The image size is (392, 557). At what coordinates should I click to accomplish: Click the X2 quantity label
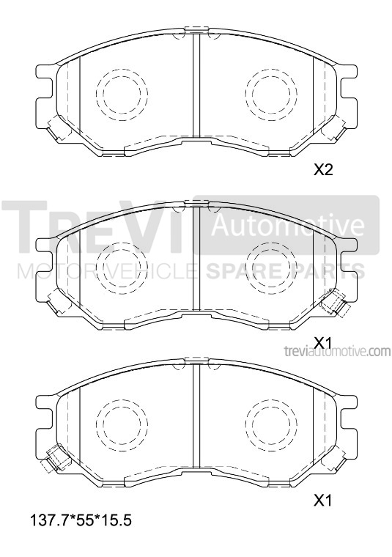click(x=323, y=170)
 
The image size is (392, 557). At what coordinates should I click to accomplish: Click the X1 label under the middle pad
click(x=323, y=342)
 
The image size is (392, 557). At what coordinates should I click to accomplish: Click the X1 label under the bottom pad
click(x=323, y=500)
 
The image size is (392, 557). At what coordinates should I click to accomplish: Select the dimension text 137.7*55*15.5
click(x=81, y=521)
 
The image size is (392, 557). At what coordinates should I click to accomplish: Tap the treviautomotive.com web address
click(x=337, y=351)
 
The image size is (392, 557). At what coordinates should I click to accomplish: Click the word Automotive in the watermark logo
click(x=288, y=225)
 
